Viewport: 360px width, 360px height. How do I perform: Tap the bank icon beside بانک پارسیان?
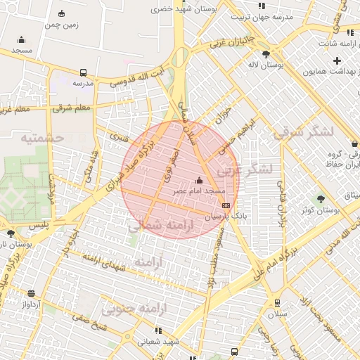coord(225,205)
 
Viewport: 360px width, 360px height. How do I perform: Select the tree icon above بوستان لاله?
coord(265,53)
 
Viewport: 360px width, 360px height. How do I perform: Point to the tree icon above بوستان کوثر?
coord(321,199)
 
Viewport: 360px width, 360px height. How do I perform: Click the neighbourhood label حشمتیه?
coord(42,138)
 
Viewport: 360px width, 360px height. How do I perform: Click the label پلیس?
coord(43,224)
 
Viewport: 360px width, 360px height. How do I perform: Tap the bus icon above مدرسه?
coord(84,72)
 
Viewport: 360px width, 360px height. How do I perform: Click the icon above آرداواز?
coord(32,293)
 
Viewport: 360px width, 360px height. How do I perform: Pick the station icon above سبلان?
coord(278,302)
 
